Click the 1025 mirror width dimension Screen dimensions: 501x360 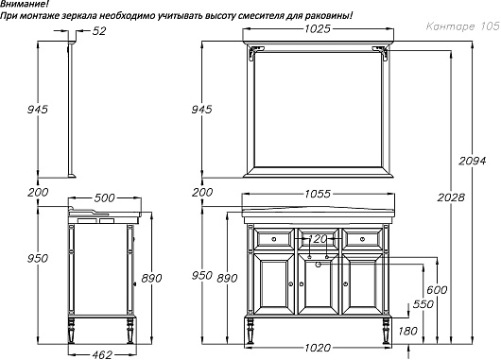(318, 29)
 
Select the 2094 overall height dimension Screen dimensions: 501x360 (473, 161)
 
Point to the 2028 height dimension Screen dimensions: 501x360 (451, 197)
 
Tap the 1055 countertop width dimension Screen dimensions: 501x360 (318, 194)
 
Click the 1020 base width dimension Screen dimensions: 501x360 (318, 347)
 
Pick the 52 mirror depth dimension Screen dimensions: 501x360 (98, 31)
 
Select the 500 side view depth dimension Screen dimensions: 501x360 (104, 198)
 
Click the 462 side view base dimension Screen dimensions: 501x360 (102, 354)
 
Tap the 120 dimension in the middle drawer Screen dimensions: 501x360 (318, 239)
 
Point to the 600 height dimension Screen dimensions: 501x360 (437, 290)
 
